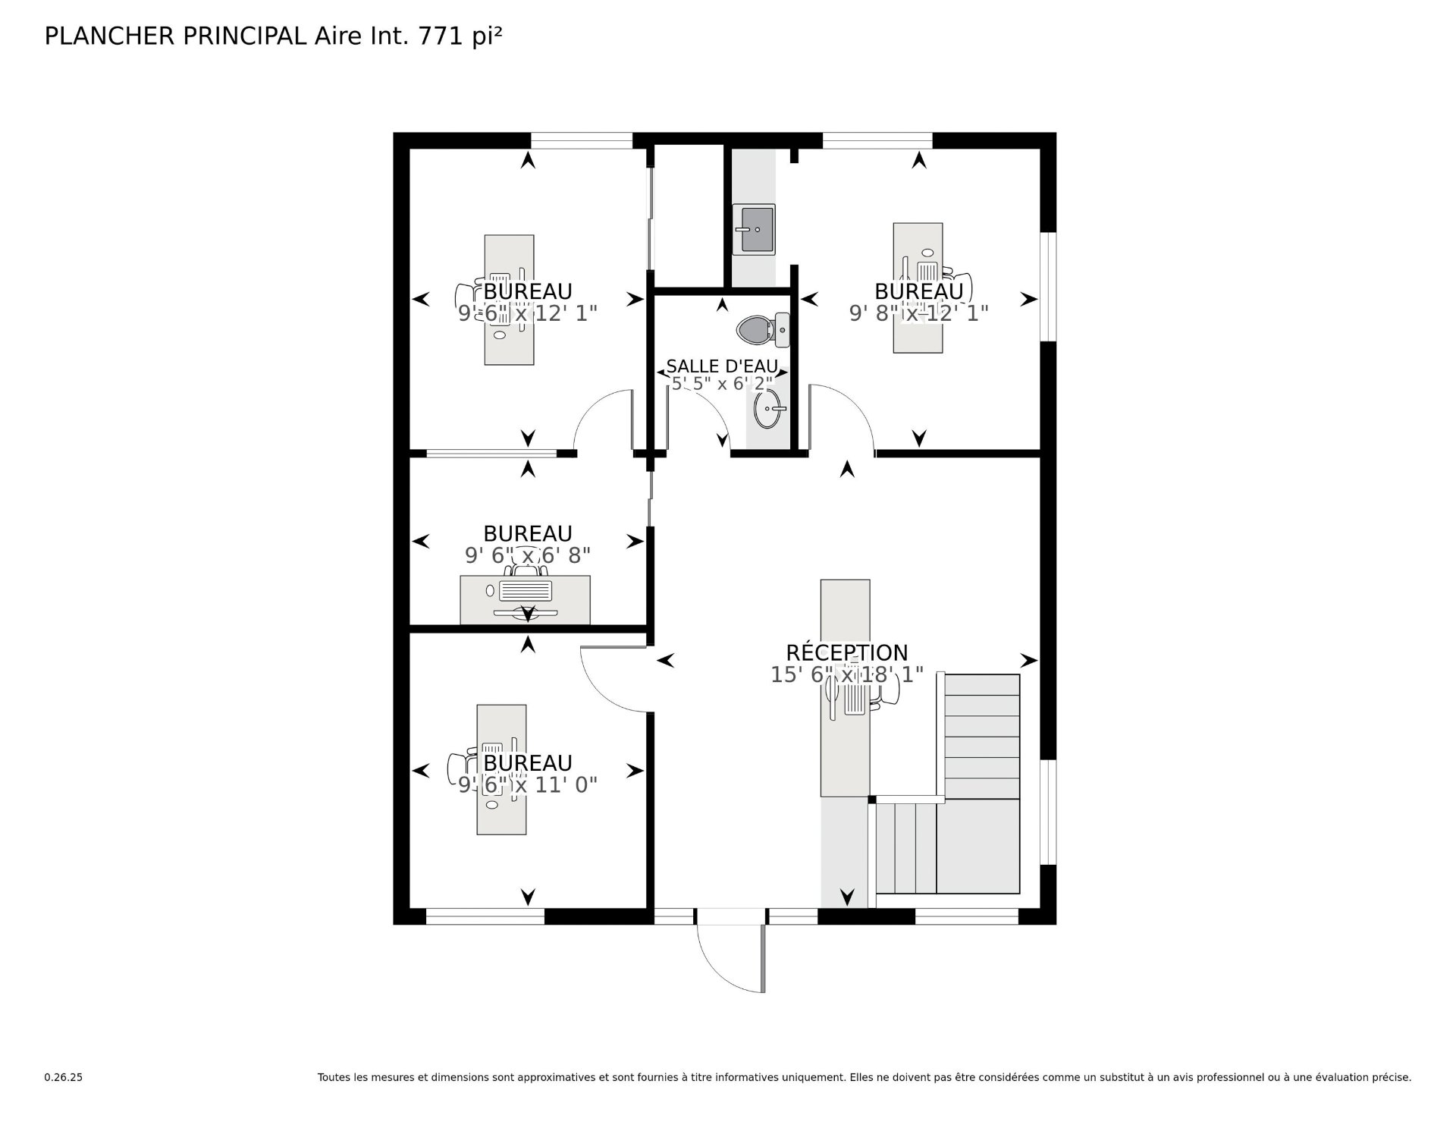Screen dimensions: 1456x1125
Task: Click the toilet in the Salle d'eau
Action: (763, 330)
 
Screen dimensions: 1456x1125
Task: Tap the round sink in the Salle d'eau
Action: (770, 409)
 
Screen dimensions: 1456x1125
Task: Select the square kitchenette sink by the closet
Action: (754, 229)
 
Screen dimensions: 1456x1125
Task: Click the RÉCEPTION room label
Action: (847, 652)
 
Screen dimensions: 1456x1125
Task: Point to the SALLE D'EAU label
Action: (722, 367)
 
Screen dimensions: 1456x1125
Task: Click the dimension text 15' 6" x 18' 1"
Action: (847, 674)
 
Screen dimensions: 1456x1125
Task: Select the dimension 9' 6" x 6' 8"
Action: (528, 555)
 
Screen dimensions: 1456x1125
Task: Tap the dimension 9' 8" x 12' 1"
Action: (919, 313)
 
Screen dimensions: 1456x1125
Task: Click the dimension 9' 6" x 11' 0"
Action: (528, 784)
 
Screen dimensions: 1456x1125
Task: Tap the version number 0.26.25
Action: (64, 1077)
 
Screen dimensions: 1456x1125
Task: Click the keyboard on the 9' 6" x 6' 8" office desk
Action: (526, 590)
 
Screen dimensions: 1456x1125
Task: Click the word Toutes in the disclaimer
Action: (334, 1077)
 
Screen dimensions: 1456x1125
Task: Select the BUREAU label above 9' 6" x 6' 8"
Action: (528, 533)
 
